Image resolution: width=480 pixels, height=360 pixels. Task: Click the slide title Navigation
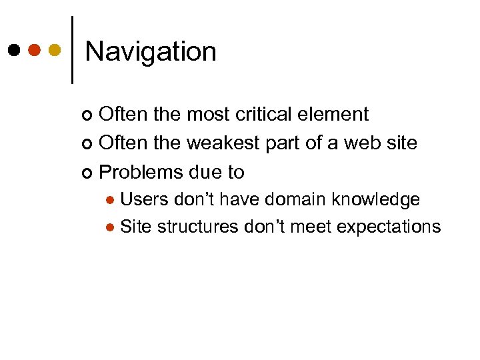(x=151, y=51)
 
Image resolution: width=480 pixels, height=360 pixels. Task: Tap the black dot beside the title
(x=14, y=49)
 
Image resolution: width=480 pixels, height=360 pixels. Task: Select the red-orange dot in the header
(x=35, y=49)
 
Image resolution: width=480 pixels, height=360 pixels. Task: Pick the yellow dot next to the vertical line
(x=55, y=49)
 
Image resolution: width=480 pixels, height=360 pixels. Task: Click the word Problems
(x=141, y=172)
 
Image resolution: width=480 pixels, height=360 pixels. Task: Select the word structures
(x=197, y=227)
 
